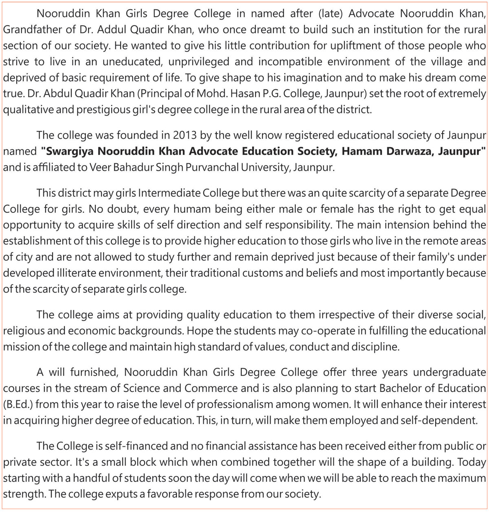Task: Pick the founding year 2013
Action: click(185, 135)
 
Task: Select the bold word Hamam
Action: click(360, 151)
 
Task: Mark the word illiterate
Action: click(86, 273)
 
